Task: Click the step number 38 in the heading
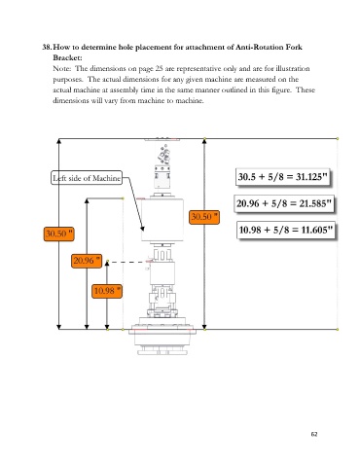pyautogui.click(x=47, y=48)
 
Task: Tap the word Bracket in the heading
pyautogui.click(x=67, y=57)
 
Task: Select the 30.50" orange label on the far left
pyautogui.click(x=58, y=233)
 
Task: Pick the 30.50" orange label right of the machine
pyautogui.click(x=204, y=217)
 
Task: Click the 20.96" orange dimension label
pyautogui.click(x=87, y=261)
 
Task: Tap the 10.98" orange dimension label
pyautogui.click(x=107, y=291)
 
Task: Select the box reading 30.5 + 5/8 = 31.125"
pyautogui.click(x=282, y=177)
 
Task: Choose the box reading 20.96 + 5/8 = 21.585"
pyautogui.click(x=284, y=203)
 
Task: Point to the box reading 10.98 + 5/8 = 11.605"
pyautogui.click(x=286, y=230)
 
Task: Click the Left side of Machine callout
pyautogui.click(x=87, y=178)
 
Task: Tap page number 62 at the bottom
pyautogui.click(x=314, y=434)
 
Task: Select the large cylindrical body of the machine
pyautogui.click(x=162, y=220)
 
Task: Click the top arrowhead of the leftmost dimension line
pyautogui.click(x=58, y=141)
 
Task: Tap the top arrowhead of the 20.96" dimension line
pyautogui.click(x=87, y=200)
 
